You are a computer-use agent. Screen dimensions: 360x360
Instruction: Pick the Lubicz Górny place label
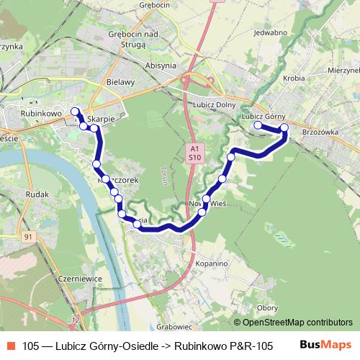(264, 116)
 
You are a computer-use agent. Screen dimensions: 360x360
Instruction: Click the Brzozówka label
(320, 132)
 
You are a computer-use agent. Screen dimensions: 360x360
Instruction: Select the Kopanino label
(212, 264)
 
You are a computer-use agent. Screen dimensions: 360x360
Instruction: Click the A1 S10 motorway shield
(194, 151)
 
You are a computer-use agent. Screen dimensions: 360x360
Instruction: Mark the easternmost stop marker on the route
(284, 127)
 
